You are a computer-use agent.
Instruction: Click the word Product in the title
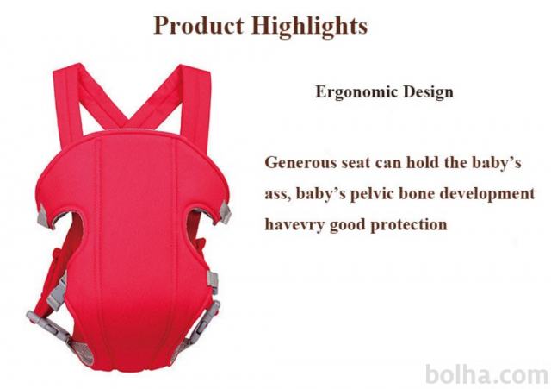click(199, 25)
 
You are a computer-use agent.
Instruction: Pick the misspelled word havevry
click(294, 225)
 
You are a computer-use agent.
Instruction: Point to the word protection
click(409, 225)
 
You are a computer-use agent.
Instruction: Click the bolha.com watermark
click(487, 374)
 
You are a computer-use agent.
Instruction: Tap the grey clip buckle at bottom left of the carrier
click(48, 324)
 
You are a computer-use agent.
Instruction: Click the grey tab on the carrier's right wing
click(224, 212)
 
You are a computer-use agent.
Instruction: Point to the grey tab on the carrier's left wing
click(43, 216)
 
